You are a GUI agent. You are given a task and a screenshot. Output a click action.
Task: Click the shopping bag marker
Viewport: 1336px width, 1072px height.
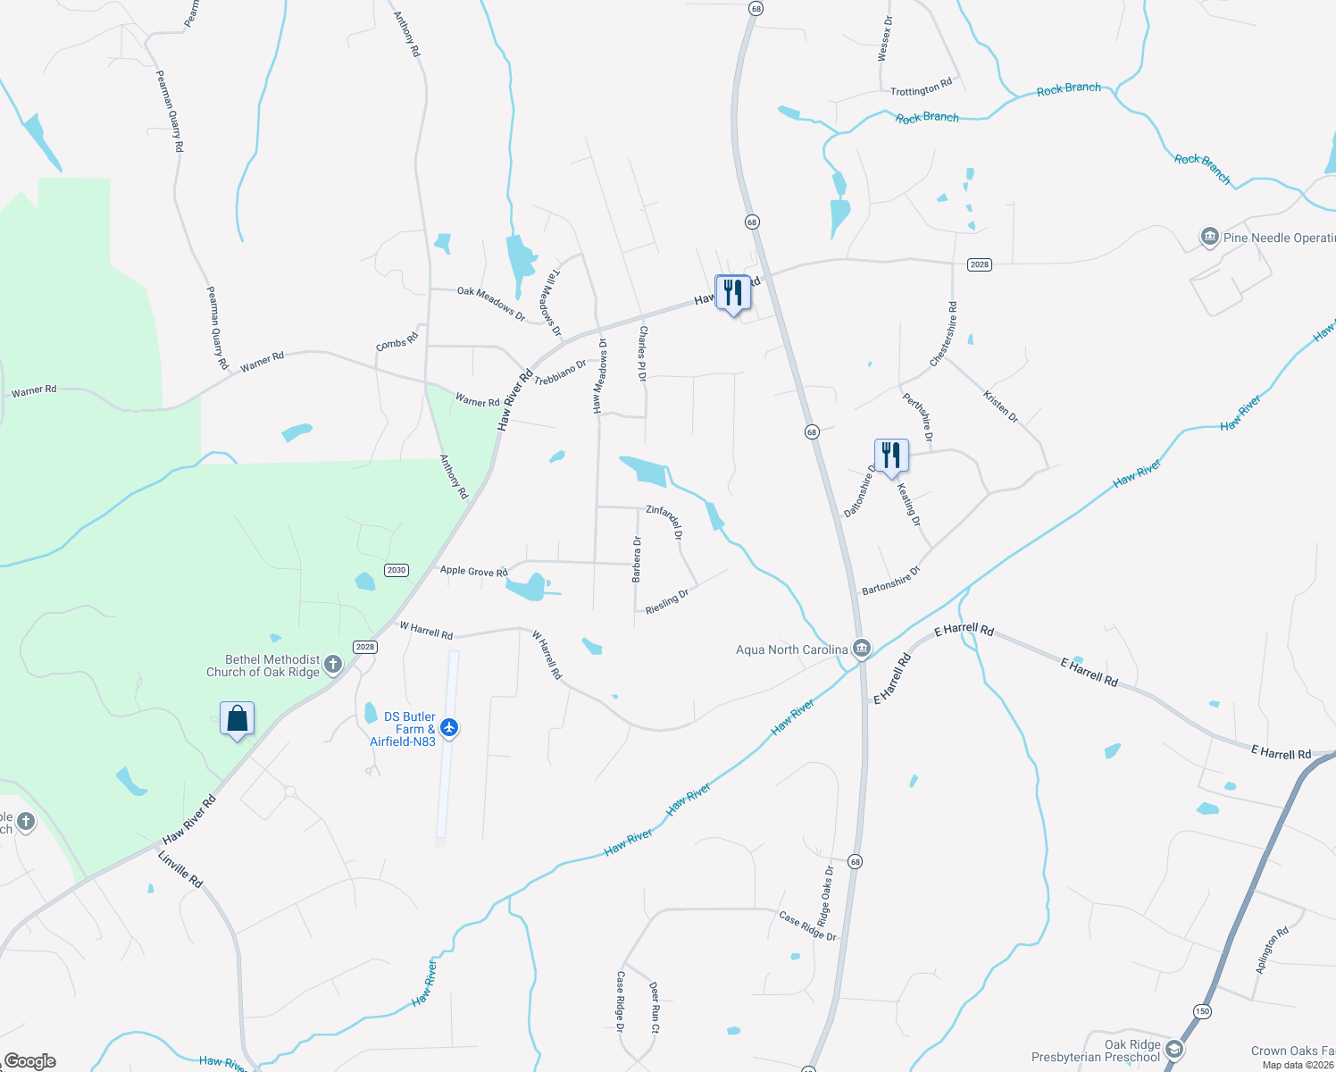pyautogui.click(x=238, y=718)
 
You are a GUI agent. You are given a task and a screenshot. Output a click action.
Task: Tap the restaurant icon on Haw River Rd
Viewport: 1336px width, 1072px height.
pyautogui.click(x=732, y=292)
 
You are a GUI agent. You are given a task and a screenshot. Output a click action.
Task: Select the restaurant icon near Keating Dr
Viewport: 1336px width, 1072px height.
pyautogui.click(x=890, y=456)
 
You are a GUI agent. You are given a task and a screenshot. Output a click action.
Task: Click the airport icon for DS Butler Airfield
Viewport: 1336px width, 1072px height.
pyautogui.click(x=449, y=728)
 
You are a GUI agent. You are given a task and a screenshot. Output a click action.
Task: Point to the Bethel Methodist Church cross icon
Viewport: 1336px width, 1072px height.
pyautogui.click(x=333, y=664)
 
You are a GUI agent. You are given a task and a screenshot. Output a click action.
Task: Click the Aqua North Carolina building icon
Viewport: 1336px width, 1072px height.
pyautogui.click(x=862, y=648)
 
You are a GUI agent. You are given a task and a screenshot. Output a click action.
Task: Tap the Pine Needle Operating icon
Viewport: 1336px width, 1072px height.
pyautogui.click(x=1210, y=237)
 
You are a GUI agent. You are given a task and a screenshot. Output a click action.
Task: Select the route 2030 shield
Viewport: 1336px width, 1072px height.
pyautogui.click(x=397, y=570)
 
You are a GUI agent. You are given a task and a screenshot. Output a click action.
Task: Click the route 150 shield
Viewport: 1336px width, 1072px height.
pyautogui.click(x=1202, y=1010)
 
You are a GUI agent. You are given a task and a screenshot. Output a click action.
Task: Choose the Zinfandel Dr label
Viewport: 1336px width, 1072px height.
pyautogui.click(x=664, y=522)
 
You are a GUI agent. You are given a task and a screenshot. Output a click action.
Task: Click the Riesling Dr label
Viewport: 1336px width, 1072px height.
pyautogui.click(x=667, y=601)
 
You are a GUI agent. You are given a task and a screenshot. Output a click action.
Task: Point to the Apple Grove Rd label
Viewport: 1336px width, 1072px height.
pyautogui.click(x=473, y=571)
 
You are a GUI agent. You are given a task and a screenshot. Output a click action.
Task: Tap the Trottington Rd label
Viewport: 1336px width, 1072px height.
pyautogui.click(x=921, y=88)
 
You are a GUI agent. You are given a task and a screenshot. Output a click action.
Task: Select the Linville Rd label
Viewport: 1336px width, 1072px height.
pyautogui.click(x=180, y=869)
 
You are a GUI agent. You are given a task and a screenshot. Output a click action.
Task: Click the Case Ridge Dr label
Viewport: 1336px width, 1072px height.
pyautogui.click(x=808, y=925)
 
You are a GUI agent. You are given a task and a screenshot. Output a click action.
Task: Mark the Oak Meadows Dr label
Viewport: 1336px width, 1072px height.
pyautogui.click(x=491, y=304)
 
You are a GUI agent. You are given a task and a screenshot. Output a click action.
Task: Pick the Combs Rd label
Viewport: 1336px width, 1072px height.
pyautogui.click(x=397, y=341)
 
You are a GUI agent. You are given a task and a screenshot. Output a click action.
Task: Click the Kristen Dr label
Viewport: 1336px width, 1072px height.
pyautogui.click(x=1000, y=406)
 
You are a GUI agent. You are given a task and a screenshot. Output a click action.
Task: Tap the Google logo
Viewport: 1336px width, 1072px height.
pyautogui.click(x=29, y=1061)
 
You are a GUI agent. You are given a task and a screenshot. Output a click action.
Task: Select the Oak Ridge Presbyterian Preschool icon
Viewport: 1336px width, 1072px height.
pyautogui.click(x=1174, y=1050)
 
